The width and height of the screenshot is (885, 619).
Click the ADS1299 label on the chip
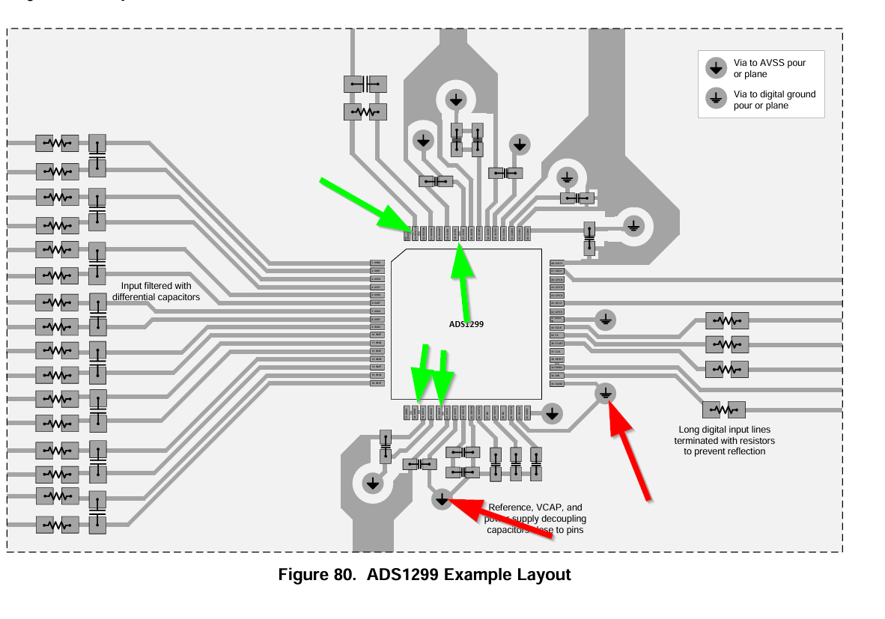pyautogui.click(x=466, y=324)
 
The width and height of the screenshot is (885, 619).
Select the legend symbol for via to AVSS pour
pyautogui.click(x=717, y=68)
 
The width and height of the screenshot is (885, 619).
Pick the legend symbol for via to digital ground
pyautogui.click(x=717, y=99)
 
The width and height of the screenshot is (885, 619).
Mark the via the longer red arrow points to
pyautogui.click(x=606, y=392)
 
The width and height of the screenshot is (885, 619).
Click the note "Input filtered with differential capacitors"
pyautogui.click(x=156, y=291)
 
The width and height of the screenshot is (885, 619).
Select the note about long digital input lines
pyautogui.click(x=724, y=440)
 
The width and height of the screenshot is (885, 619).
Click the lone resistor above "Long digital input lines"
pyautogui.click(x=724, y=409)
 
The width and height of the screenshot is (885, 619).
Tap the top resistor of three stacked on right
pyautogui.click(x=727, y=320)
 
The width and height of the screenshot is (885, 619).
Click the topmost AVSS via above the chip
pyautogui.click(x=455, y=99)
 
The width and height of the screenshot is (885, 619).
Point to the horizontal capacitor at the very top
pyautogui.click(x=365, y=84)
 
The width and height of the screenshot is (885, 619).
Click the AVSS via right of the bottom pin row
pyautogui.click(x=552, y=413)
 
